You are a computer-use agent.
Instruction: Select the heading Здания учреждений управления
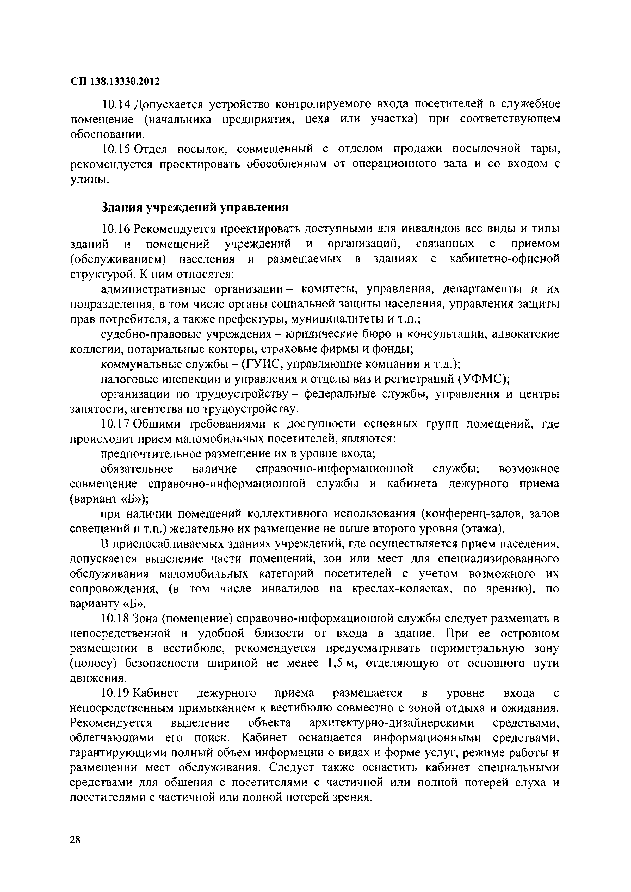(x=194, y=207)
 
